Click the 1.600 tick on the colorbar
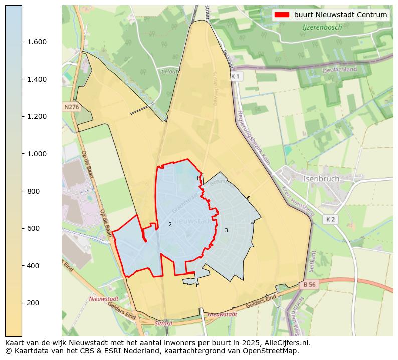coord(37,42)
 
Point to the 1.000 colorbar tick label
coord(37,154)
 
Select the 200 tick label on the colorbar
coord(33,303)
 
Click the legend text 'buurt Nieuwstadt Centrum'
coord(340,15)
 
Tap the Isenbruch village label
coord(321,178)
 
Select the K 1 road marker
coord(236,76)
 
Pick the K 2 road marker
coord(330,219)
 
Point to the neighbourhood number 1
coord(197,178)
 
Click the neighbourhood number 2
coord(170,224)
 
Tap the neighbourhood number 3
coord(226,230)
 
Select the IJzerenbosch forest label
coord(322,27)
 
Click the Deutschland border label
coord(340,70)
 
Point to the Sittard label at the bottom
coord(163,323)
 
